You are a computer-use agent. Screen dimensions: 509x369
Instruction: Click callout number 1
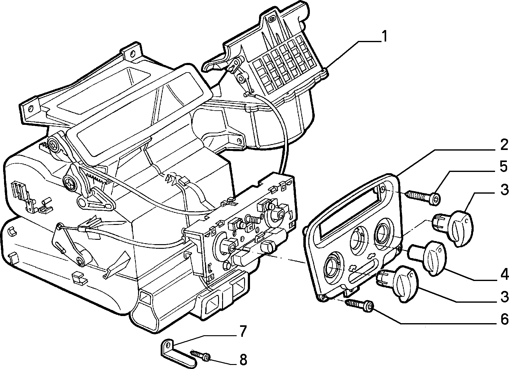click(x=384, y=37)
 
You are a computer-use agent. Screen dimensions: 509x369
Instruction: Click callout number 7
click(x=243, y=331)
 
